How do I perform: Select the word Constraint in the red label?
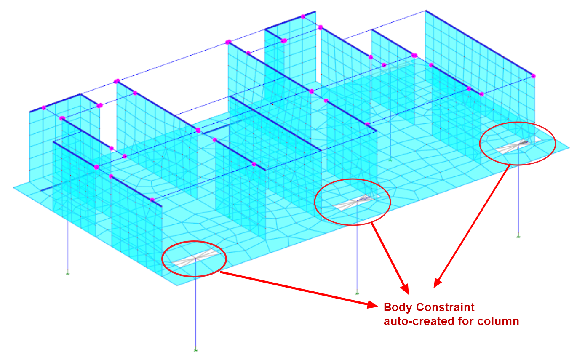pos(445,307)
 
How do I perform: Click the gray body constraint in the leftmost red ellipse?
pos(195,258)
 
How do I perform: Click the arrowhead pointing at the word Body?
pos(372,304)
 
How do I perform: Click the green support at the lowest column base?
pos(195,350)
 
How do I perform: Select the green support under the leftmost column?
pos(68,274)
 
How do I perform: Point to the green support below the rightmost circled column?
pos(518,237)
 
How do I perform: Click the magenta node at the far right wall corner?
pos(534,76)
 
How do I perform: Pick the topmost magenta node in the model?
pos(303,16)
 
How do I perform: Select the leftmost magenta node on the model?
pos(44,108)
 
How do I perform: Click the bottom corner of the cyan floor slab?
pos(177,285)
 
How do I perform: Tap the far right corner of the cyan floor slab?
pos(569,148)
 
